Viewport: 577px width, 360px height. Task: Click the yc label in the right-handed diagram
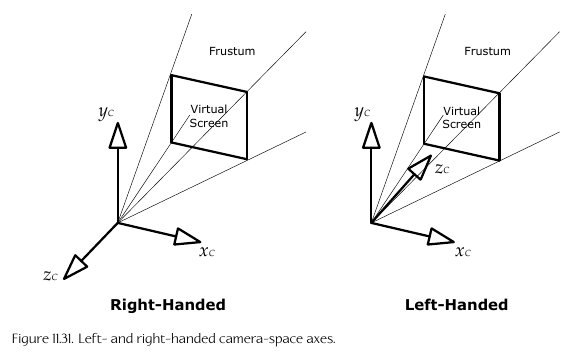coord(106,112)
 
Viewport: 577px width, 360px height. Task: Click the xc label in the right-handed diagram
coord(207,251)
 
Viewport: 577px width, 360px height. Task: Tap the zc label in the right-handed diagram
coord(50,275)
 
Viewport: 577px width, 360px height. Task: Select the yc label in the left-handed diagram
coord(362,112)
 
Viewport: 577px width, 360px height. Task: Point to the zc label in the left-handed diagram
coord(442,169)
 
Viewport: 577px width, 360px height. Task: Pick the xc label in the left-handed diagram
coord(463,251)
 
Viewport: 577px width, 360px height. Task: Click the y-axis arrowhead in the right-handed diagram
coord(118,135)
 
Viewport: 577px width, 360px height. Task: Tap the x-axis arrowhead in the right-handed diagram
coord(187,237)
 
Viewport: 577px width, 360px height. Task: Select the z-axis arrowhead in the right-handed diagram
coord(75,267)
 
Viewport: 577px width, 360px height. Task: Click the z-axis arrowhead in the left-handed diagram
coord(420,167)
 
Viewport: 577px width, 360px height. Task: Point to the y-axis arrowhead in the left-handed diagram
coord(371,135)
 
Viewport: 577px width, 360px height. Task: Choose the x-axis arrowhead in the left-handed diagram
coord(441,237)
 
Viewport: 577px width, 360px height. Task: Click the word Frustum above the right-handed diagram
coord(232,51)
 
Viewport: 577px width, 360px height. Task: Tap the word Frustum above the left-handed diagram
coord(487,51)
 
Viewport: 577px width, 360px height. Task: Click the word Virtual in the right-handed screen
coord(208,109)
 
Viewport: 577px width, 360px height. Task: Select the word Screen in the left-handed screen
coord(461,124)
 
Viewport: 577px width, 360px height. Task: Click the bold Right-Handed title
coord(168,305)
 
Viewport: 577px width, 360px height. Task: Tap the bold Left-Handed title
coord(456,305)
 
